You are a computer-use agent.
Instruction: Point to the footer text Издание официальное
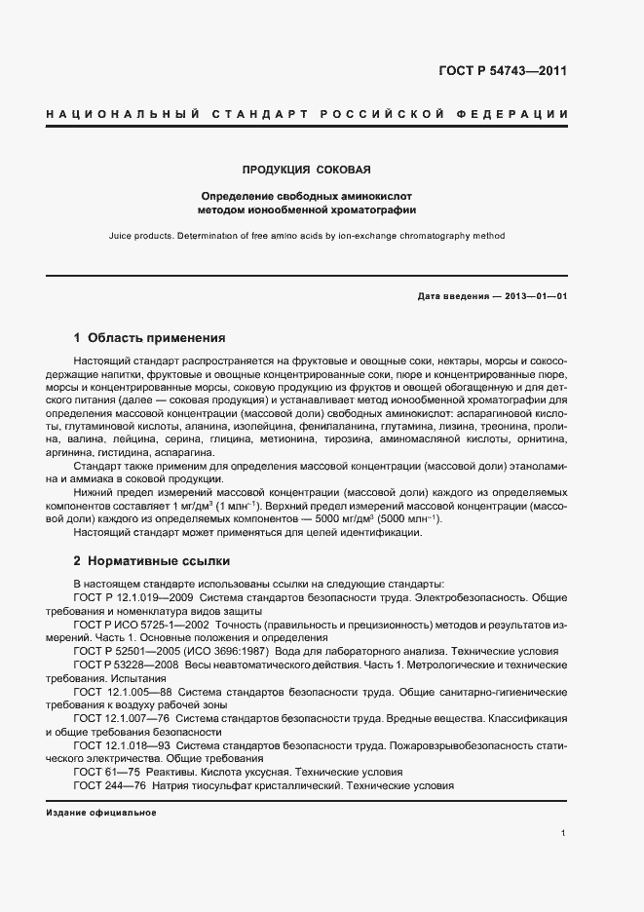pos(100,812)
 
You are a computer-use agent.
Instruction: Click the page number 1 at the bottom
pos(564,833)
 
